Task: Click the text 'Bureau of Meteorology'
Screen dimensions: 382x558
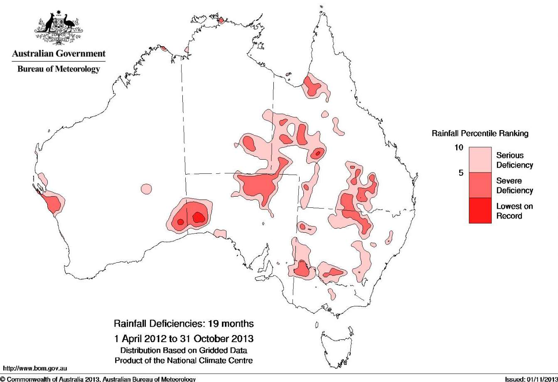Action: tap(59, 69)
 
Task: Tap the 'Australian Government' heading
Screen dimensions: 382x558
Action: tap(59, 54)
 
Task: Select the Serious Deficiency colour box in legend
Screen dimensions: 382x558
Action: tap(480, 160)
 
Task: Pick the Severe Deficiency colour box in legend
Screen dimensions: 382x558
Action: tap(480, 185)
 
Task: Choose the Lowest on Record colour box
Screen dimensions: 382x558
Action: tap(480, 210)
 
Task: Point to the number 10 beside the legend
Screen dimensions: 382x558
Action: tap(457, 148)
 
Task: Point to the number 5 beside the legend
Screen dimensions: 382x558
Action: tap(460, 173)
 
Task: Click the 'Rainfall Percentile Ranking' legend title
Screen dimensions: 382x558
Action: tap(480, 133)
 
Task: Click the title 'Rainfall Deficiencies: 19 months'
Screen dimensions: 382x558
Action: tap(183, 323)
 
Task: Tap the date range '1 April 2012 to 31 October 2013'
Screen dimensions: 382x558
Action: tap(183, 336)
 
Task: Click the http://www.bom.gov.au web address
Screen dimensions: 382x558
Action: tap(35, 368)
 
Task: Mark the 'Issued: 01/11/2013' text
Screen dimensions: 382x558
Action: tap(531, 379)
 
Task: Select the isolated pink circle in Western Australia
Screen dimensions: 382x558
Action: tap(146, 189)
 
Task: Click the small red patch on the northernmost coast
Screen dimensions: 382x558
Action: tap(221, 20)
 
